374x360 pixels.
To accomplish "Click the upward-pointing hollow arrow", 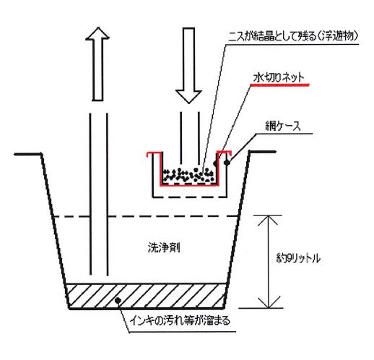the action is click(97, 64).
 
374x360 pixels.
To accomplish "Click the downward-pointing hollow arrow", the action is click(188, 66).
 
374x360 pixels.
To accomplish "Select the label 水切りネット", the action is click(279, 77).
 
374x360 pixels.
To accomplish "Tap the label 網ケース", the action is click(283, 126).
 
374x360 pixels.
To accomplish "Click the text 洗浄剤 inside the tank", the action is click(164, 247).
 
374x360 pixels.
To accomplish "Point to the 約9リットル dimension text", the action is click(298, 258).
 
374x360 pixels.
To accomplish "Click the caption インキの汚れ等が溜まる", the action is click(180, 321).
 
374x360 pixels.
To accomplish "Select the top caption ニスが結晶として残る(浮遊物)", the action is click(293, 37).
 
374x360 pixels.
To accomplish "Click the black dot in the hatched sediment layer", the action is click(118, 300).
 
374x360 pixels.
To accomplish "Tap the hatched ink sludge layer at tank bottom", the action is click(146, 296).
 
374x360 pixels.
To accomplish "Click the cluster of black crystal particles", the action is click(188, 175).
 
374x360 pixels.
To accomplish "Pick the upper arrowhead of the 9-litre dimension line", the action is click(268, 220).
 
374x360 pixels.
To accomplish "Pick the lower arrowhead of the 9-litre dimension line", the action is click(269, 302).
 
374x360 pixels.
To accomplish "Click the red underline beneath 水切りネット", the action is click(279, 85).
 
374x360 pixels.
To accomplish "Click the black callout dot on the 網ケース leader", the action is click(227, 163).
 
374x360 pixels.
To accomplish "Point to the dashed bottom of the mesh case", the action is click(190, 197).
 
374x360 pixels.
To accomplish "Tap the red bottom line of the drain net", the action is click(189, 185).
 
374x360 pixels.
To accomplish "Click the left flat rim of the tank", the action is click(28, 154).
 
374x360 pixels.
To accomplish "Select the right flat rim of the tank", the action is click(262, 152).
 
